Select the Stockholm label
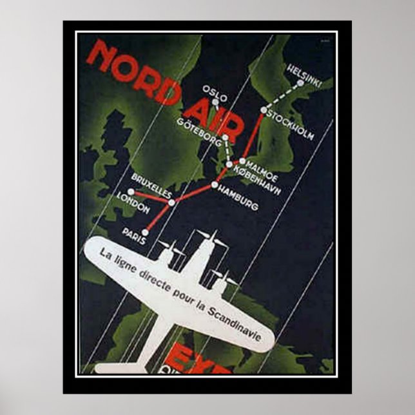(x=290, y=126)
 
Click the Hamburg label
(x=238, y=197)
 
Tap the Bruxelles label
(x=151, y=182)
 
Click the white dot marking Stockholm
(x=264, y=110)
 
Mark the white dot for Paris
(x=144, y=232)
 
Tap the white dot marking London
(x=131, y=192)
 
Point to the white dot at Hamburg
(x=214, y=186)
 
